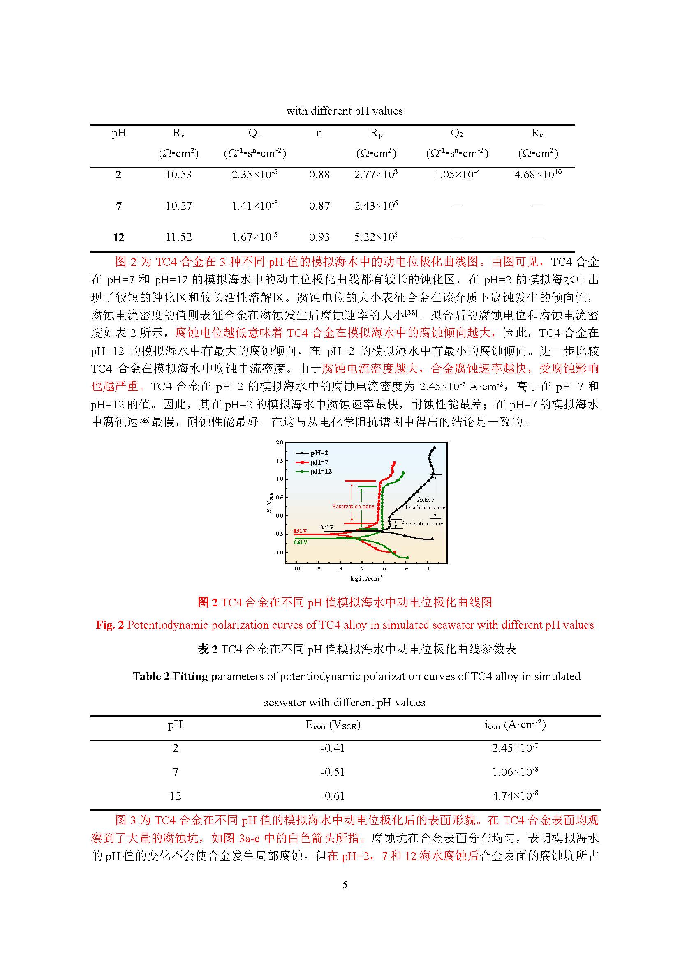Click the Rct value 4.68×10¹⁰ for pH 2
pos(538,174)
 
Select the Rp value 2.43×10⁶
pos(376,205)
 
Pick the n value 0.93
pos(319,237)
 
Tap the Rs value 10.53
pos(178,175)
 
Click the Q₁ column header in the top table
pos(254,133)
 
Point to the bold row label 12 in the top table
pos(118,238)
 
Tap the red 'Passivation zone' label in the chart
pos(353,506)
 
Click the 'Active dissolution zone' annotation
pos(425,503)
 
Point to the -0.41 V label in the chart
pos(326,528)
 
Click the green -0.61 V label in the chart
pos(300,542)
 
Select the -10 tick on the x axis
pos(296,568)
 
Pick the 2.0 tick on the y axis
pos(280,442)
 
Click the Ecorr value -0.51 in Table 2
pos(332,772)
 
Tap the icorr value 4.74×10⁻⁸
pos(515,795)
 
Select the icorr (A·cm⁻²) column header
pos(515,725)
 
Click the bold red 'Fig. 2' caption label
pos(110,625)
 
